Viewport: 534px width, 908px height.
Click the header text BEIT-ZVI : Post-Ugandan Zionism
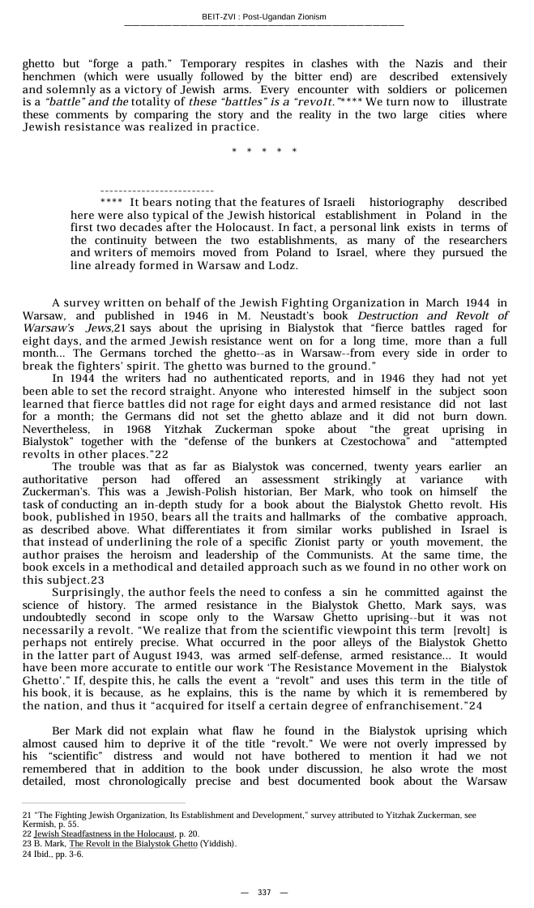click(264, 17)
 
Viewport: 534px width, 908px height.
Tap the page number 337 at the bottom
click(264, 892)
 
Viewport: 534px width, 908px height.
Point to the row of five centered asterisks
click(264, 152)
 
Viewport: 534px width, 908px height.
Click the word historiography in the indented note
click(407, 203)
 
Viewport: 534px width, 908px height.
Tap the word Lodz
click(284, 266)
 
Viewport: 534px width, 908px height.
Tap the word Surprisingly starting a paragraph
click(88, 593)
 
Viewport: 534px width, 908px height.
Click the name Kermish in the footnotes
click(37, 824)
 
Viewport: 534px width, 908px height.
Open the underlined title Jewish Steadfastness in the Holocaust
click(105, 833)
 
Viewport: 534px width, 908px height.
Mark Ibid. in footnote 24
click(41, 854)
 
